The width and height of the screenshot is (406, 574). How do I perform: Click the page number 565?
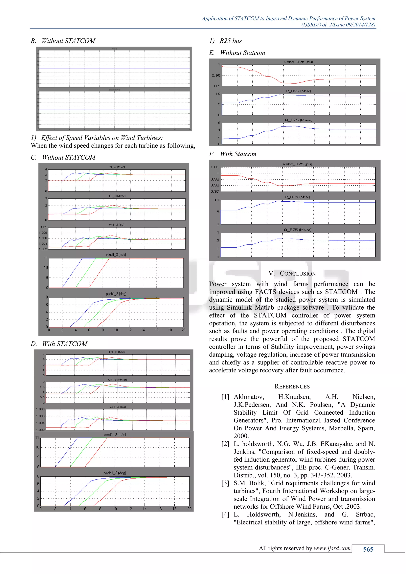coord(368,549)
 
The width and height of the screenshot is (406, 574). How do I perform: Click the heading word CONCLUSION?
coord(298,274)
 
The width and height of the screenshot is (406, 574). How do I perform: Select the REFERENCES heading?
coord(292,386)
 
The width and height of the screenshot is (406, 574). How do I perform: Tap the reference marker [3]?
coord(225,483)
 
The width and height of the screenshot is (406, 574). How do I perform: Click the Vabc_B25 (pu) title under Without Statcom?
coord(298,62)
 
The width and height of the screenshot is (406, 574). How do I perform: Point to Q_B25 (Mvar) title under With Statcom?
coord(298,230)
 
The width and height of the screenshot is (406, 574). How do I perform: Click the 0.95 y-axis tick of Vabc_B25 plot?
coord(216,76)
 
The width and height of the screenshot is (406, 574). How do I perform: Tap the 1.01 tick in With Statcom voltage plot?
coord(214,167)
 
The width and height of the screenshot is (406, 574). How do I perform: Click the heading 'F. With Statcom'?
coord(233,154)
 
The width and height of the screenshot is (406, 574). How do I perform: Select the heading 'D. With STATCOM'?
coord(59,344)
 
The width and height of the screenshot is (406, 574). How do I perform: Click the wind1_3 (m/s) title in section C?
coord(116,254)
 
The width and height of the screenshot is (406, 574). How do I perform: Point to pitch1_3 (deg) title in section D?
coord(115,473)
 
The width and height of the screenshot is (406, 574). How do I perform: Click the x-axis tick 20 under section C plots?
coord(183,330)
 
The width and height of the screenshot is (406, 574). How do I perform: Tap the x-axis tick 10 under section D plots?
coord(115,509)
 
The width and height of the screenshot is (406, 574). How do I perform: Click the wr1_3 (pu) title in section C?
coord(117,225)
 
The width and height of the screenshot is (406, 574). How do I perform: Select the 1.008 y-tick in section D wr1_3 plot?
coord(40,409)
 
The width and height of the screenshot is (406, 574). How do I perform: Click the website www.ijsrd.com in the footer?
coord(332,548)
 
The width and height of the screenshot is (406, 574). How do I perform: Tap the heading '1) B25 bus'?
coord(225,41)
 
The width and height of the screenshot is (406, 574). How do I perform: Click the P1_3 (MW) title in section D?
coord(118,352)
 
